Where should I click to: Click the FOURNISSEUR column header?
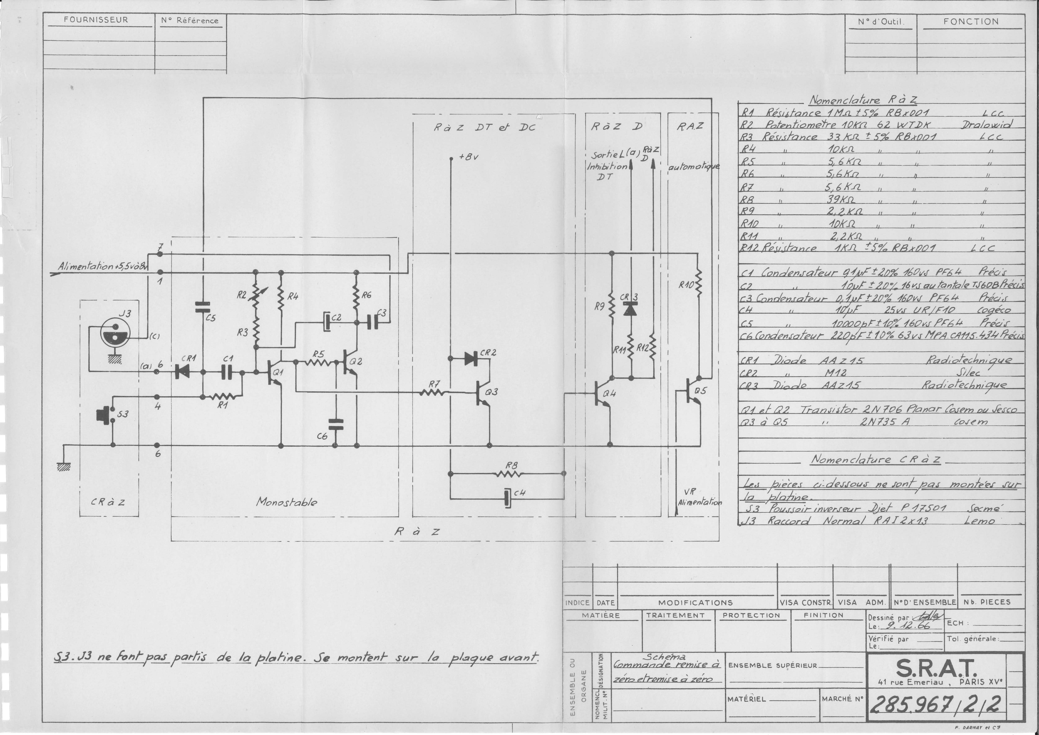tap(96, 20)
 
